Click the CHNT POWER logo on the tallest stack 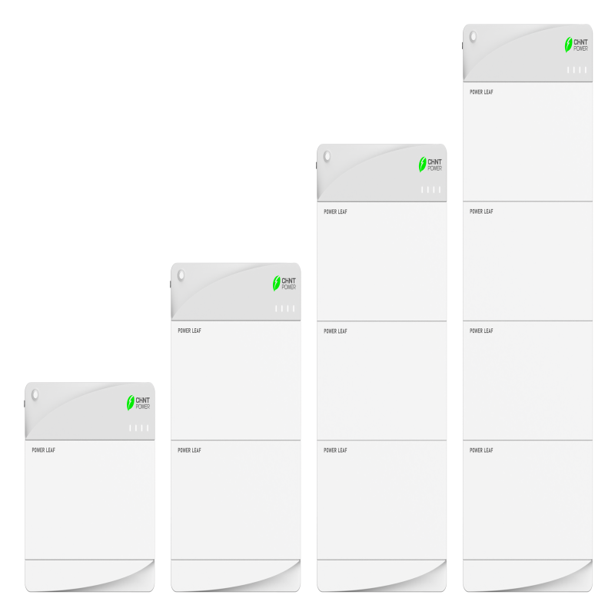click(576, 45)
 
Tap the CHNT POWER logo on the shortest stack click(138, 403)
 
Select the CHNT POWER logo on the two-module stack click(284, 283)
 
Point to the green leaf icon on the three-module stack click(422, 165)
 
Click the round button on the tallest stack click(474, 36)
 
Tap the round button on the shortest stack click(35, 394)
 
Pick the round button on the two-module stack click(181, 275)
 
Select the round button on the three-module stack click(327, 157)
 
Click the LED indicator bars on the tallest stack click(577, 70)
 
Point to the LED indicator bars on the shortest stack click(139, 428)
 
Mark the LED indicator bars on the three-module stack click(430, 189)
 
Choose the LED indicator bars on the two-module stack click(284, 308)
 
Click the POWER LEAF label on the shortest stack click(44, 450)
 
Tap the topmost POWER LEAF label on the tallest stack click(481, 91)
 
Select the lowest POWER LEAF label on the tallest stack click(481, 450)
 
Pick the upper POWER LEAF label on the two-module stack click(189, 331)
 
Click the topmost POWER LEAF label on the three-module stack click(335, 211)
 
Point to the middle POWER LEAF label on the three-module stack click(335, 331)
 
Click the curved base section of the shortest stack click(90, 575)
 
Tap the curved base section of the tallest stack click(527, 575)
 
